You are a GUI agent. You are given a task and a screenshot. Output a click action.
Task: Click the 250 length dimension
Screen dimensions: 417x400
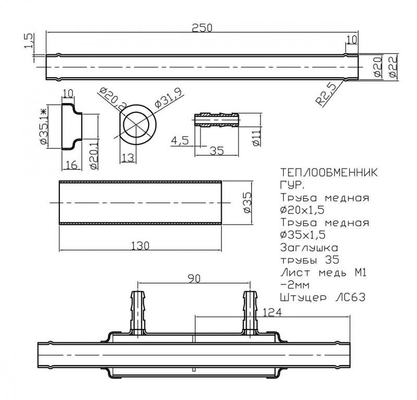202,28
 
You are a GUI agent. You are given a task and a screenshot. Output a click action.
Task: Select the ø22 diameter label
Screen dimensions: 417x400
393,67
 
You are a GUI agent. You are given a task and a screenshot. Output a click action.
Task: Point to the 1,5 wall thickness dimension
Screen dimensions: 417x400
29,41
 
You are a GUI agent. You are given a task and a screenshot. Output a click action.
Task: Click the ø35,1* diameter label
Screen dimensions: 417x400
43,127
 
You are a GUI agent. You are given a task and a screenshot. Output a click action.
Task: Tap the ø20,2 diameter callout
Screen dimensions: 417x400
113,99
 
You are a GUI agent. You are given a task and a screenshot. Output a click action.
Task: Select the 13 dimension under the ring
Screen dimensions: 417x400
128,158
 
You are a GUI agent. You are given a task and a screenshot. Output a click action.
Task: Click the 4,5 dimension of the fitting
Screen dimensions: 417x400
180,140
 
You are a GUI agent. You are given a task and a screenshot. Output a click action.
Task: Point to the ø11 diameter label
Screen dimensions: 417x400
256,138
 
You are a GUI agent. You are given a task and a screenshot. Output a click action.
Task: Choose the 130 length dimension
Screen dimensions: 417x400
140,246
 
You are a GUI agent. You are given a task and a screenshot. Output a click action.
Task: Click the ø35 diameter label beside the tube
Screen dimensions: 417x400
247,203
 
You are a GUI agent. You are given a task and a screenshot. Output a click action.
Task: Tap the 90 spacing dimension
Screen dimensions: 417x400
194,279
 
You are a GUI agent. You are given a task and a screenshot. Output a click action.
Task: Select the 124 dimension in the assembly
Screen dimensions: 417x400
272,312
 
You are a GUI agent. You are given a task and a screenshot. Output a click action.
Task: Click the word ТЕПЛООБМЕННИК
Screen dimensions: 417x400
329,173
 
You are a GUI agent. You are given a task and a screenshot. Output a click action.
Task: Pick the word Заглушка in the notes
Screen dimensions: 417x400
309,248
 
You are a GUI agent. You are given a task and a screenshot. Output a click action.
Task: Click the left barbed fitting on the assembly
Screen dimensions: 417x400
138,313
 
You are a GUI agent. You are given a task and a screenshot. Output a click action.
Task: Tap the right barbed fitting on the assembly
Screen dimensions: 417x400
250,313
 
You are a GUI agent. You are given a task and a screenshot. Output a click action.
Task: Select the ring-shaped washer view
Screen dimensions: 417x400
138,124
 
